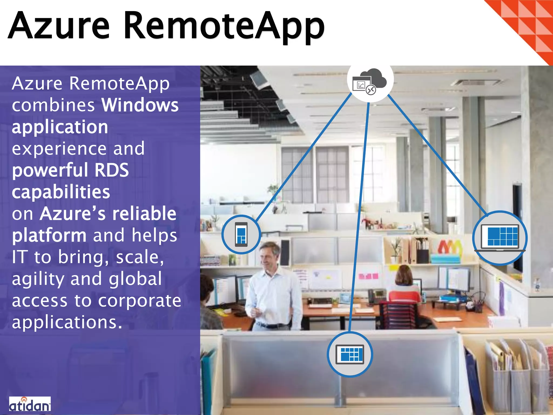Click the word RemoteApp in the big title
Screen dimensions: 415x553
coord(224,27)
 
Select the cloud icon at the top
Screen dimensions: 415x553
coord(370,81)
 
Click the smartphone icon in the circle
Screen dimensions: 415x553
coord(241,234)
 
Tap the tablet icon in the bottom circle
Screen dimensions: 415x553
coord(350,354)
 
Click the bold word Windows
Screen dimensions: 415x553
coord(140,105)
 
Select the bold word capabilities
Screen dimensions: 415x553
coord(61,192)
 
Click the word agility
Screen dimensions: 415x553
coord(38,279)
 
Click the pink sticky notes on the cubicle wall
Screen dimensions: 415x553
coord(368,276)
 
